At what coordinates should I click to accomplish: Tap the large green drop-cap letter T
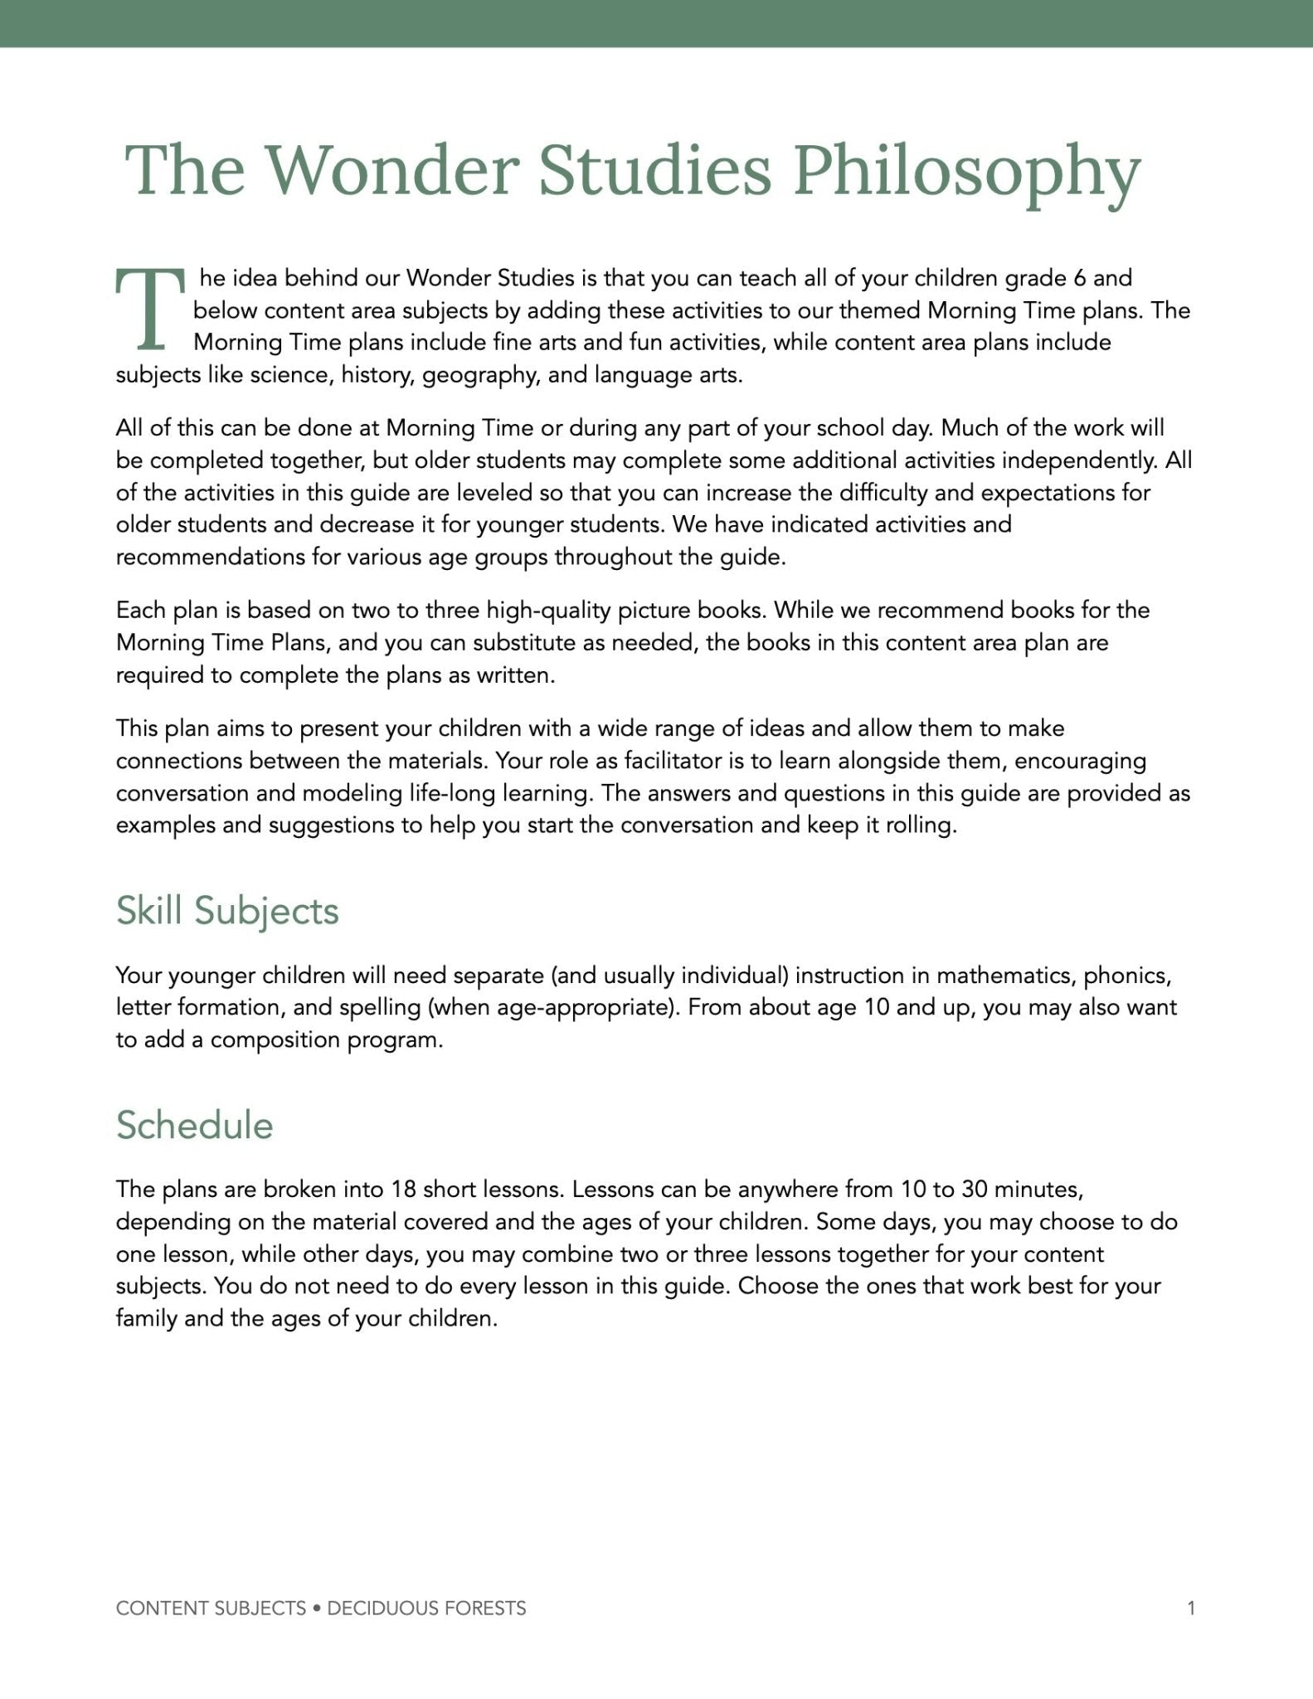point(149,309)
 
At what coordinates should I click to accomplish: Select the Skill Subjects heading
point(227,910)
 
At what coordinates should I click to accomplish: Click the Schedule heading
point(194,1125)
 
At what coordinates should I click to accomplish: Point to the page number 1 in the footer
point(1191,1609)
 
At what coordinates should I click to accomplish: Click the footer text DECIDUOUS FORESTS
point(426,1609)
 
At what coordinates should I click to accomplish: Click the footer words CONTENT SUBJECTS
point(211,1609)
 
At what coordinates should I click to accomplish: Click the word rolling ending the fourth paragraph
point(921,825)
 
